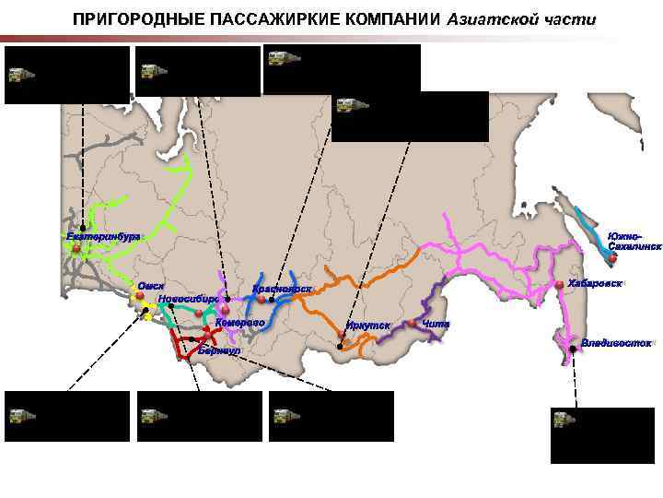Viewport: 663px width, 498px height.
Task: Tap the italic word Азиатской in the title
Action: (x=489, y=19)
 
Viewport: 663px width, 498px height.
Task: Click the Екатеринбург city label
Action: (x=103, y=237)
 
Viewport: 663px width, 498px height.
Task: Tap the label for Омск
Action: (x=151, y=286)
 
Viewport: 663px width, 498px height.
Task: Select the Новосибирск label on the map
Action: (x=188, y=299)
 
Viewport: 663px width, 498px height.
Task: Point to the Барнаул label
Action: (x=218, y=351)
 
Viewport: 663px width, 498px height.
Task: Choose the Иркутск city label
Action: (x=368, y=326)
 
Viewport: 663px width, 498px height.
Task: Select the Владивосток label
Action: (x=616, y=343)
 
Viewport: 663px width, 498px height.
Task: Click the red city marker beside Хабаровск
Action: (x=560, y=282)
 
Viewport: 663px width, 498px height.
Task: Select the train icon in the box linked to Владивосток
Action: (x=562, y=420)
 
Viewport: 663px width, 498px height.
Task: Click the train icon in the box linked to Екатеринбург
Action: (x=20, y=74)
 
